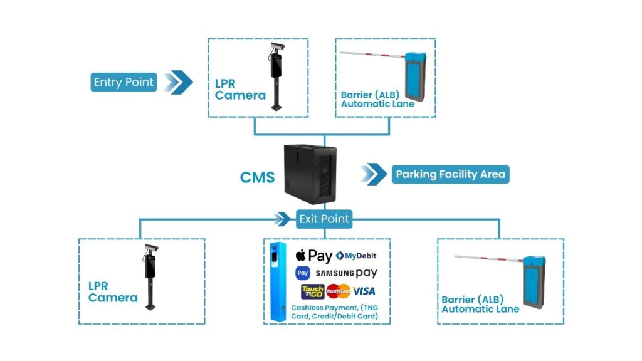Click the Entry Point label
point(123,82)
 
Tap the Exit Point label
point(324,219)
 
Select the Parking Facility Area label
point(451,174)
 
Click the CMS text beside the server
point(257,177)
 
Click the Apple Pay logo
point(313,256)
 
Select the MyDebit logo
point(356,256)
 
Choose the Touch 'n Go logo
point(312,291)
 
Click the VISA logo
point(364,291)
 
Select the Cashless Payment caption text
point(334,312)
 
